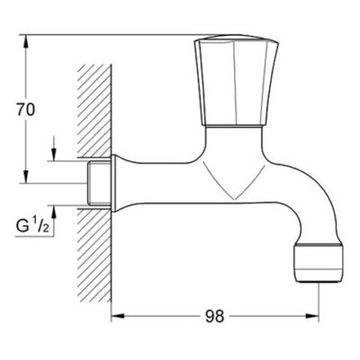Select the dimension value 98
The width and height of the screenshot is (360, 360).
click(x=213, y=317)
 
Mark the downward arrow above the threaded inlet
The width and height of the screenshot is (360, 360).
click(x=57, y=152)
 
